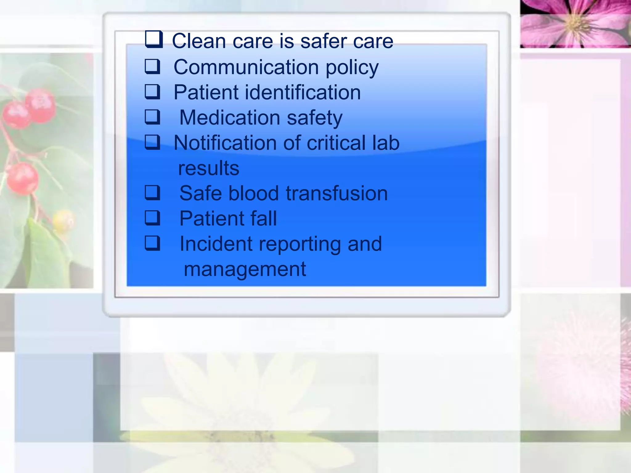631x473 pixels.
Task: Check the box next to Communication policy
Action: [153, 67]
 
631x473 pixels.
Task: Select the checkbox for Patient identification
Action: [153, 92]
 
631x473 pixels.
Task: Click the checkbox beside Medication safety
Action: [153, 117]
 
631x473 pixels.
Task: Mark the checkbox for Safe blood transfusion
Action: [153, 193]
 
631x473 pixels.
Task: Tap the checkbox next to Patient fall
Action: [153, 218]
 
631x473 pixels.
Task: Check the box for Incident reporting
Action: [153, 243]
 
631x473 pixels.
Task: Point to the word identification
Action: [303, 92]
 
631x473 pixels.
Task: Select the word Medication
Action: [229, 118]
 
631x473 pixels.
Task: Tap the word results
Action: [209, 168]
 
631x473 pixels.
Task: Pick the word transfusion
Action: [336, 193]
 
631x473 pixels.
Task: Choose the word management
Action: [245, 269]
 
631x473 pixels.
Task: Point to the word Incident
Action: [216, 244]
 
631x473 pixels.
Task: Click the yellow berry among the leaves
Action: [63, 219]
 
